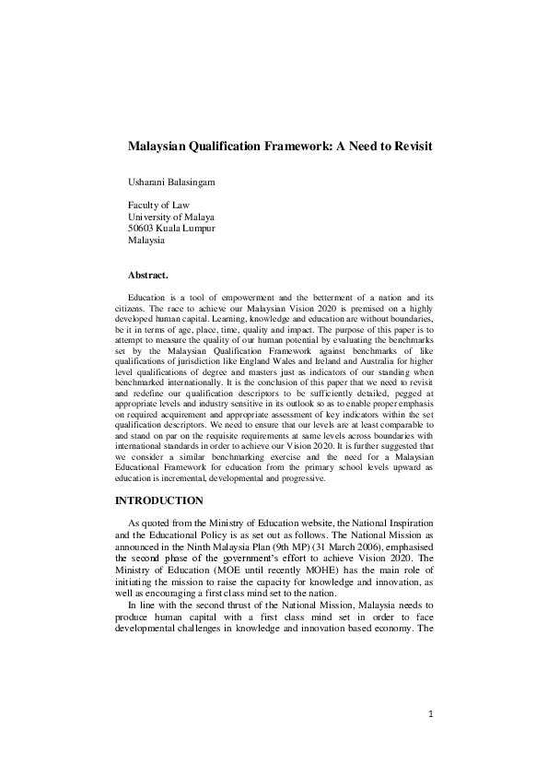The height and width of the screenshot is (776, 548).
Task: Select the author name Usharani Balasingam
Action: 171,182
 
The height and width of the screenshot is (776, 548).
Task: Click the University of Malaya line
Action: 170,217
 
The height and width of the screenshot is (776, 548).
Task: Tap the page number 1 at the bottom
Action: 429,740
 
